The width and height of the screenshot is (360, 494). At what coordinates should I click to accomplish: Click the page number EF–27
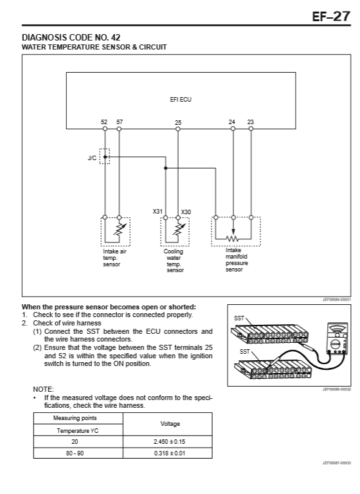click(331, 16)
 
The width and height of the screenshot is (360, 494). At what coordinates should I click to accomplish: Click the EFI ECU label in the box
click(181, 99)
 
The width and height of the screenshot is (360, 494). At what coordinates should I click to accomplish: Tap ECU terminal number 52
click(104, 122)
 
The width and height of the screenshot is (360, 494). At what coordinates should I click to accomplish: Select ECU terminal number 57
click(120, 122)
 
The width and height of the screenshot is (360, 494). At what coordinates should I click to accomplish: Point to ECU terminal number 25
click(178, 123)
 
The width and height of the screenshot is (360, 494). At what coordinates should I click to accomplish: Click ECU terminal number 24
click(232, 122)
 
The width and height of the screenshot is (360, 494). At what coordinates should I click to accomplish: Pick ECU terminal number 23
click(251, 122)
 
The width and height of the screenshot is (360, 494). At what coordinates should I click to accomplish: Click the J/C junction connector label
click(92, 158)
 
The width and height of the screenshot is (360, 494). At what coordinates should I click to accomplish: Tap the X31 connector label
click(157, 211)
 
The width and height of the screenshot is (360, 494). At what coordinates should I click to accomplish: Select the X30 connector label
click(186, 212)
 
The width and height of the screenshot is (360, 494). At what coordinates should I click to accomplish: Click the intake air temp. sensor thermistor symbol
click(120, 230)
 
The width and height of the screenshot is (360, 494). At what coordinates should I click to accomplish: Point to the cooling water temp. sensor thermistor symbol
click(179, 230)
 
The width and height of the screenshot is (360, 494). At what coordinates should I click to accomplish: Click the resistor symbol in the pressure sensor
click(233, 239)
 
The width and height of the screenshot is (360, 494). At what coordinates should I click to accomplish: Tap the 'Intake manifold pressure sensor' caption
click(237, 260)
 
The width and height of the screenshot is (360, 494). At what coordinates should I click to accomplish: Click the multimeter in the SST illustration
click(337, 338)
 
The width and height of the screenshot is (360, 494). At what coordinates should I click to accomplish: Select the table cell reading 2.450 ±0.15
click(170, 442)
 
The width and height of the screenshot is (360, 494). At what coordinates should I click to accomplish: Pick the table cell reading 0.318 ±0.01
click(170, 453)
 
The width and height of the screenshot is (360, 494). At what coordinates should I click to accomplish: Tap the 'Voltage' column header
click(170, 424)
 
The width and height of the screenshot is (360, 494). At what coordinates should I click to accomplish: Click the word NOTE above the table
click(44, 389)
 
